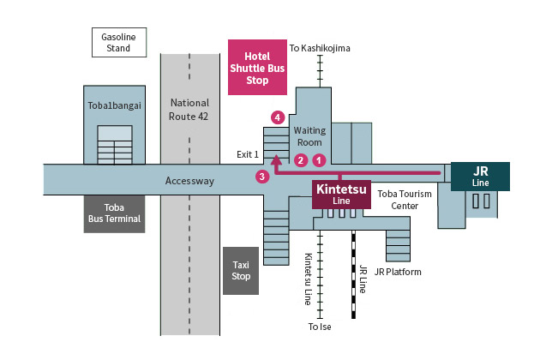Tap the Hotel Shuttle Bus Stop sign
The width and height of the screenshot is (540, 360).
(x=257, y=68)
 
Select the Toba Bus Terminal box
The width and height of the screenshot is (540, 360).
(x=113, y=213)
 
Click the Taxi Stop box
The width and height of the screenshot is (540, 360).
(x=241, y=271)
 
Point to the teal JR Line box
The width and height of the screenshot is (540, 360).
(x=481, y=177)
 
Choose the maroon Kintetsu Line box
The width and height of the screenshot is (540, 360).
(x=341, y=194)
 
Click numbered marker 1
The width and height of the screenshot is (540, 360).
(x=319, y=159)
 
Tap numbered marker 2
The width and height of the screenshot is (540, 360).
(x=300, y=159)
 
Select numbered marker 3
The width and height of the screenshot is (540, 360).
(x=262, y=177)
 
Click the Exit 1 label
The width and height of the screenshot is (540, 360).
(x=248, y=154)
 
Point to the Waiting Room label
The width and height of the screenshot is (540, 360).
(x=309, y=136)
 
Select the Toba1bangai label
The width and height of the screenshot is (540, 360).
(x=113, y=105)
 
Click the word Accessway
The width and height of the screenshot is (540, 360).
(x=189, y=181)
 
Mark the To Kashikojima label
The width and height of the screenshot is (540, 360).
(x=320, y=48)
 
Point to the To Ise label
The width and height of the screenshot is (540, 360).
(x=320, y=327)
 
